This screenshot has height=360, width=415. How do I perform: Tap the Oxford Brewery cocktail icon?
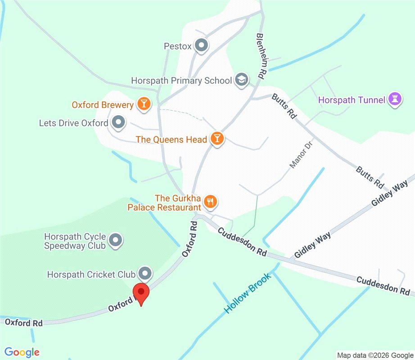coord(144,104)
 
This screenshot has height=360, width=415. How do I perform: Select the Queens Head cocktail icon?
coord(217,139)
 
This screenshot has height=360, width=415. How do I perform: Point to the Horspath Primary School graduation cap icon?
coord(242,80)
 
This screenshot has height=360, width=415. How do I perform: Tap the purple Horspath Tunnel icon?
coord(395,99)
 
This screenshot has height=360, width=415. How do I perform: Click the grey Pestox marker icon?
coord(201,45)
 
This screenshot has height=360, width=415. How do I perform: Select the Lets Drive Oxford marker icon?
coord(118,122)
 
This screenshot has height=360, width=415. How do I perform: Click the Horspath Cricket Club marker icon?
coord(144,273)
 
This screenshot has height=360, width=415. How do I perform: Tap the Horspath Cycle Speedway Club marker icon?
coord(116,240)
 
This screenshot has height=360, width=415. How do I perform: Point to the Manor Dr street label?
coord(300,154)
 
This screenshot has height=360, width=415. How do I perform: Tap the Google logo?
coord(22,352)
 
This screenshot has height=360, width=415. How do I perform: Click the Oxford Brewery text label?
coord(103,105)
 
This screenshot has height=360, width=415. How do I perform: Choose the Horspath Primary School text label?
coord(181,81)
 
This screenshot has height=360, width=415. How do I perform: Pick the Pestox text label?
coord(177,46)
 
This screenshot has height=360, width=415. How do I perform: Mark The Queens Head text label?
coord(171,139)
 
